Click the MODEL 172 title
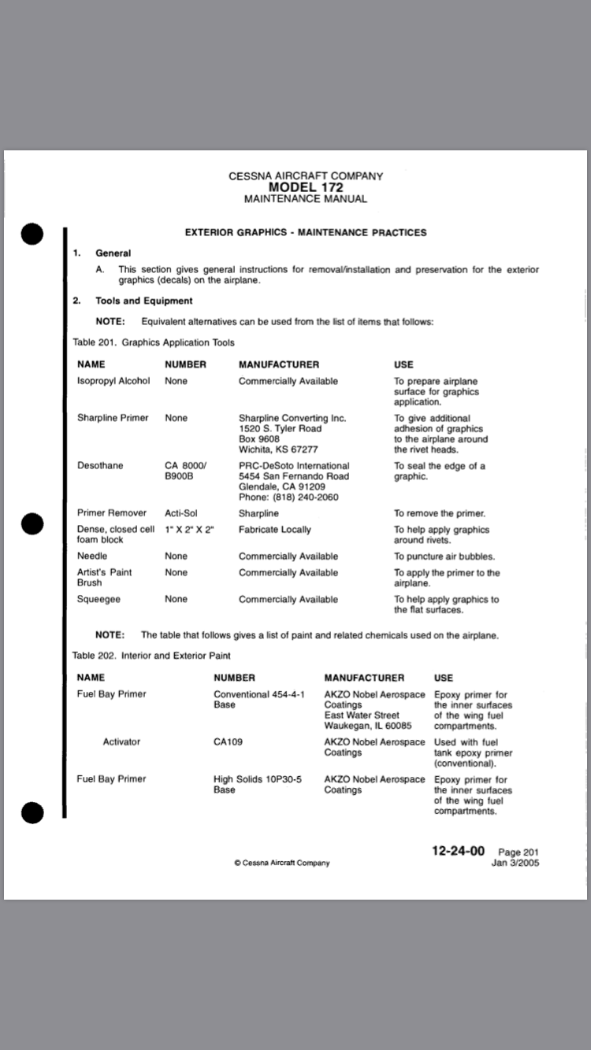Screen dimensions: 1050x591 click(x=306, y=187)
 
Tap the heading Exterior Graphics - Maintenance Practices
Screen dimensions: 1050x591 click(x=306, y=232)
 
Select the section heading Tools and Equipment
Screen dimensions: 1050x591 click(x=143, y=301)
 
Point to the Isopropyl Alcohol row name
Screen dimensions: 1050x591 click(x=113, y=381)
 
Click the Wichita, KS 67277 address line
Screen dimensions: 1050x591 click(x=278, y=449)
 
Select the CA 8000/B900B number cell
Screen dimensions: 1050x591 click(x=185, y=471)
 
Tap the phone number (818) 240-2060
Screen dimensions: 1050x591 click(x=288, y=497)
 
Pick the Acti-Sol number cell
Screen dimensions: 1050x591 click(x=181, y=513)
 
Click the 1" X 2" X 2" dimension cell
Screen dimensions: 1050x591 click(x=190, y=530)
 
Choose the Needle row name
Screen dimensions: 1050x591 click(x=92, y=556)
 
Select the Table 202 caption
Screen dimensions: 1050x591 click(x=151, y=655)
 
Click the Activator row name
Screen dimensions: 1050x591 click(x=121, y=742)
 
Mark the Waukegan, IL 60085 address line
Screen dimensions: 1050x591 click(x=368, y=726)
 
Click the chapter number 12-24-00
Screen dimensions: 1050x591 click(x=458, y=852)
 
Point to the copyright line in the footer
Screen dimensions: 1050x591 click(x=282, y=863)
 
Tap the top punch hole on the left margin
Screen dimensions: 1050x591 click(x=32, y=234)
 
